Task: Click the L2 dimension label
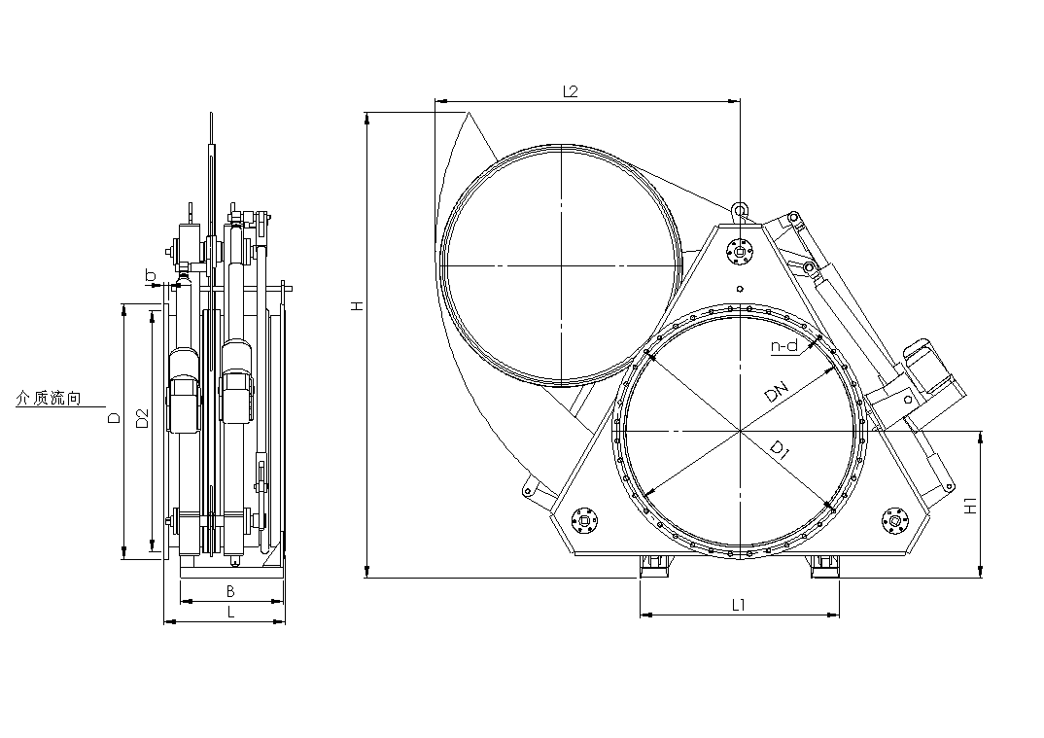pos(571,91)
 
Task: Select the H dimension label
pos(359,306)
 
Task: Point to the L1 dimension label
pos(739,605)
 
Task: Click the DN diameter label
pos(777,392)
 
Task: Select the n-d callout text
pos(784,346)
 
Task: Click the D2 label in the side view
pos(142,418)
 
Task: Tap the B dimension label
pos(230,591)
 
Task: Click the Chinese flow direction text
pos(49,399)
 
